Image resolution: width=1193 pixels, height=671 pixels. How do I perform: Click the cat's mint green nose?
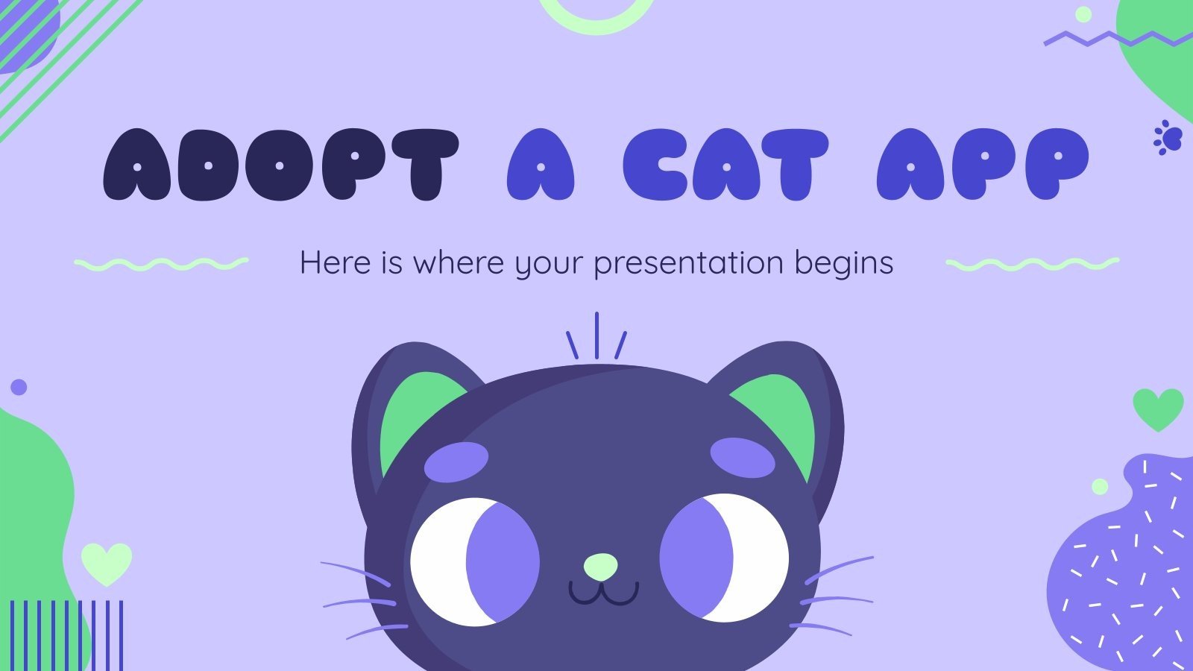[600, 567]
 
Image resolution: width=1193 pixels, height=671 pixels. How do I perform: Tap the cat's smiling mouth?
[603, 593]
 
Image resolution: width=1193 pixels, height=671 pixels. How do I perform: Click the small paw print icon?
[1168, 138]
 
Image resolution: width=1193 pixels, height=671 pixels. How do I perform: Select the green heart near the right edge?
[1158, 409]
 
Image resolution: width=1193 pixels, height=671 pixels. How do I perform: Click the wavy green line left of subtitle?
[161, 263]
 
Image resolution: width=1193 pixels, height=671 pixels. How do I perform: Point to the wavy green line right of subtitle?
[1032, 263]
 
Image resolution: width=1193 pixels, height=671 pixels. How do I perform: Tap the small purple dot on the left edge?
[19, 387]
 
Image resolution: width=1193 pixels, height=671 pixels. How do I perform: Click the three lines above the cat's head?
[596, 337]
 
